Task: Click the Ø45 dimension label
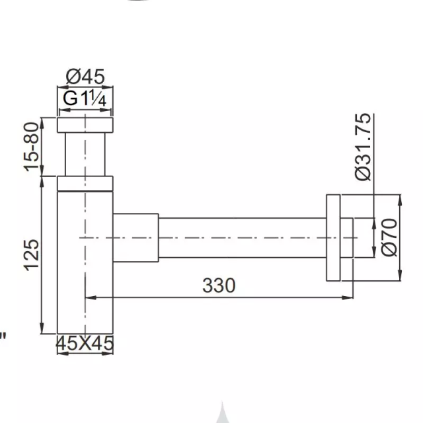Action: [85, 77]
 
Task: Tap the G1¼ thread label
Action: [85, 98]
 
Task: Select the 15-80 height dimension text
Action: [32, 147]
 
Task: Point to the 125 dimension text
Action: [32, 254]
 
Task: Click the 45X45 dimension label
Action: [85, 344]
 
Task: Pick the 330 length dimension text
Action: [219, 286]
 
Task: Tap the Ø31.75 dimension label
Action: [363, 147]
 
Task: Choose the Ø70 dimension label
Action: [389, 237]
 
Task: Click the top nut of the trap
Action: [85, 125]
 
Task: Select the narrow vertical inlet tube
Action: [85, 154]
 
